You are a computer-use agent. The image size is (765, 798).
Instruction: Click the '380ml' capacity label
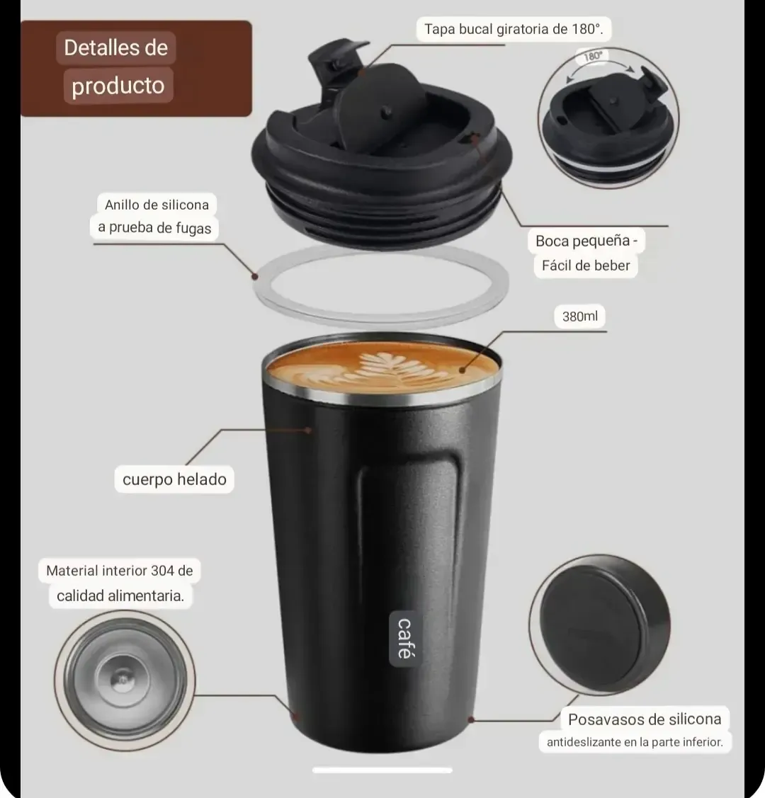[x=579, y=316]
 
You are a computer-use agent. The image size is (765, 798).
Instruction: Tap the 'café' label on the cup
[x=404, y=638]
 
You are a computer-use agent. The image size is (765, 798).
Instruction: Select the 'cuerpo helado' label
[x=174, y=479]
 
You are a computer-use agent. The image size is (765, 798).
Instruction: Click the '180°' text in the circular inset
[x=593, y=56]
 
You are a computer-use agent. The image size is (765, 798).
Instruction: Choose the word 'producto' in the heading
[x=118, y=86]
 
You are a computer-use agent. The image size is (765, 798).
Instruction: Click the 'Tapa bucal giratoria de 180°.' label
[x=514, y=29]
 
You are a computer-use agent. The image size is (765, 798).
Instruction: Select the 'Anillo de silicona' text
[x=157, y=205]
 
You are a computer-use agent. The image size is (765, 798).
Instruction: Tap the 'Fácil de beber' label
[x=586, y=265]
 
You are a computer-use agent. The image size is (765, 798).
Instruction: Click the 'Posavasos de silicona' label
[x=645, y=719]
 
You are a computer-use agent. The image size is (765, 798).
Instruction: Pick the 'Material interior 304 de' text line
[x=120, y=571]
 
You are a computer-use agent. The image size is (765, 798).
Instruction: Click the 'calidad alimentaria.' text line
[x=120, y=595]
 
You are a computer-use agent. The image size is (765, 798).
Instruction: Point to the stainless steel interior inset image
[x=125, y=680]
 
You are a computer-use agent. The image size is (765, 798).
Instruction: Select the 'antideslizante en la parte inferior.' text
[x=635, y=742]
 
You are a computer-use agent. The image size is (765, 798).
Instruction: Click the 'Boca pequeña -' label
[x=586, y=240]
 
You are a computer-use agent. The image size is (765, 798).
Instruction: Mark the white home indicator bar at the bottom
[x=382, y=770]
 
